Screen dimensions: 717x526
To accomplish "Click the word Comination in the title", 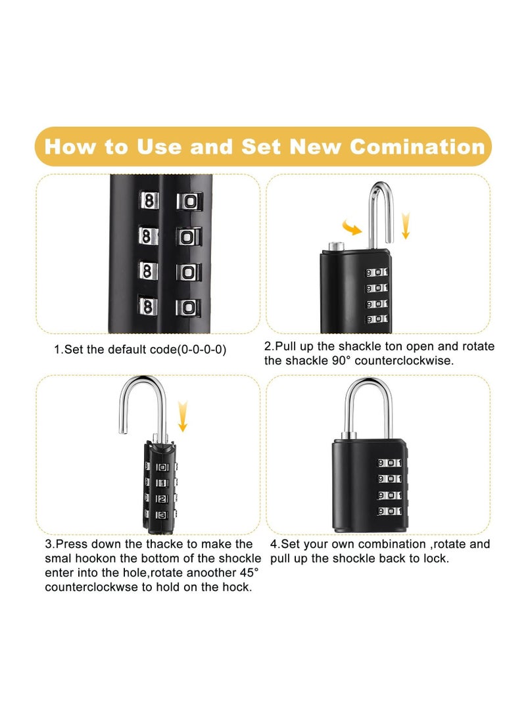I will (417, 147).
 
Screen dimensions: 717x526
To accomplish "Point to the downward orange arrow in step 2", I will (406, 225).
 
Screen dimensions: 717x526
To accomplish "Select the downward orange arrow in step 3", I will (182, 417).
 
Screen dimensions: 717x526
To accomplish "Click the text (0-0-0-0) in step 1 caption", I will (199, 350).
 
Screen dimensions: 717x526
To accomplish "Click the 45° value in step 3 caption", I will (245, 572).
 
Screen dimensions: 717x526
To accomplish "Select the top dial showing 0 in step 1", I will (188, 202).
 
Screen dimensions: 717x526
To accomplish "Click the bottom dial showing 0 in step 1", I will (188, 306).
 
